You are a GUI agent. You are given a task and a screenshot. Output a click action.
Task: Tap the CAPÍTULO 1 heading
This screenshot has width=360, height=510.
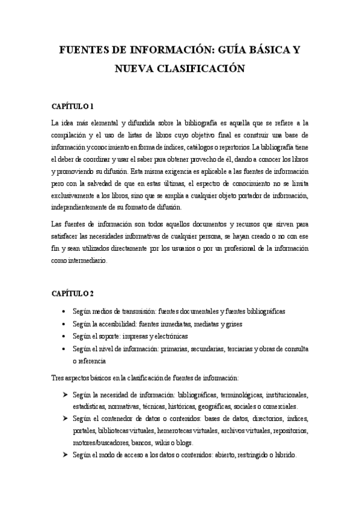[x=72, y=107]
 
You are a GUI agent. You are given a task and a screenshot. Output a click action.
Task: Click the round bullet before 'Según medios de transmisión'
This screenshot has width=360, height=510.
[x=64, y=312]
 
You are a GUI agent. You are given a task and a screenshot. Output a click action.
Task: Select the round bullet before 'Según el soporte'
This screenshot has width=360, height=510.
[x=64, y=336]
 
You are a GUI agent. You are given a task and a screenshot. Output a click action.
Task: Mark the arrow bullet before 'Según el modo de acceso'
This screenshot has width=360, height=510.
[x=64, y=455]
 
